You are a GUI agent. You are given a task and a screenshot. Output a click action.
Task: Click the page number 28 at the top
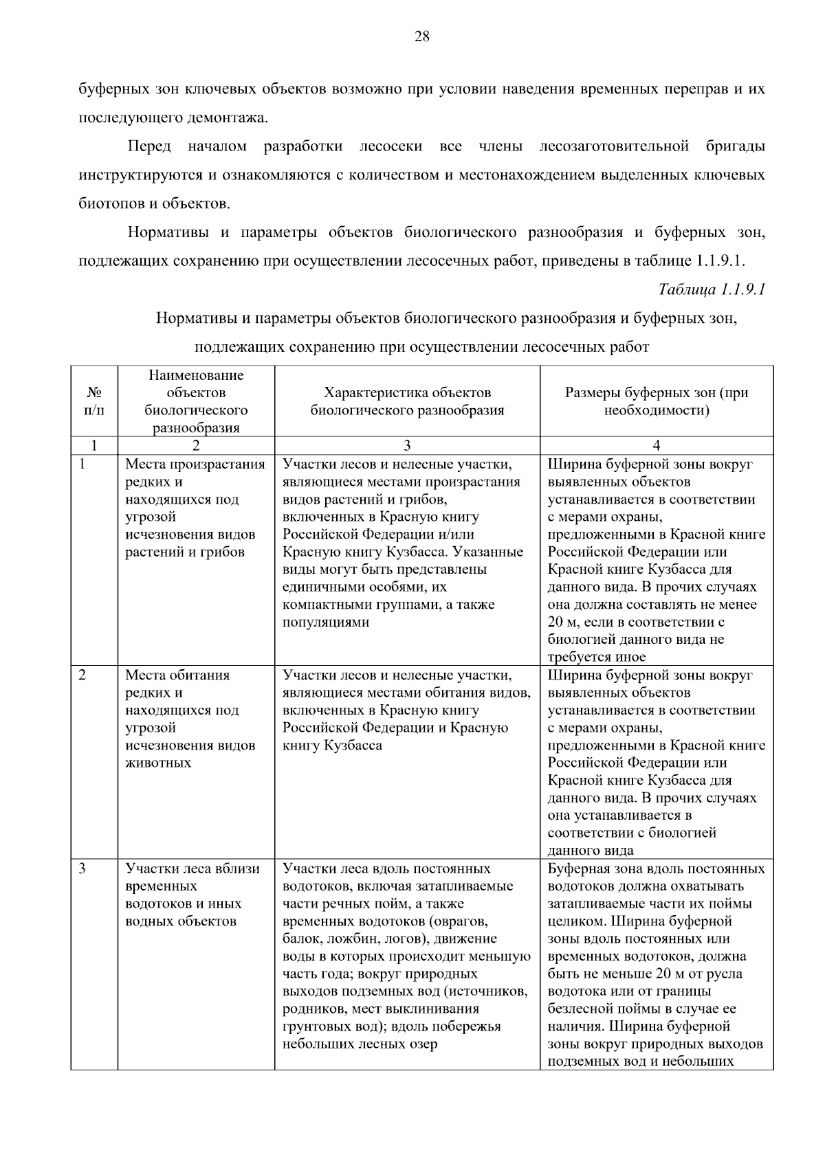[421, 37]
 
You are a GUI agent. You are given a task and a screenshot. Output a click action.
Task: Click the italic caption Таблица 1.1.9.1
[712, 289]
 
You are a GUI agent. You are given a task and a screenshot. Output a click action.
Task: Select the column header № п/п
[94, 402]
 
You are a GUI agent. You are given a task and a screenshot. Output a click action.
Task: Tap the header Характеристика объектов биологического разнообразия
[407, 402]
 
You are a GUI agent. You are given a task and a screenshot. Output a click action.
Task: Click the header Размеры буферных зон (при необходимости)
[656, 402]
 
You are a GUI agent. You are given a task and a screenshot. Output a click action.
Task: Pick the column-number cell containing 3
[407, 445]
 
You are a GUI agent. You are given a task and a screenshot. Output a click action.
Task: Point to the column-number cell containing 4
[656, 445]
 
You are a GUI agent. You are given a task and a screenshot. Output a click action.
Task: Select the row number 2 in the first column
[82, 675]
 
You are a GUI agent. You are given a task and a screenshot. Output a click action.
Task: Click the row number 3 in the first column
[82, 869]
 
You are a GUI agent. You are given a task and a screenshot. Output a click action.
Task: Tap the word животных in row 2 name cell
[158, 763]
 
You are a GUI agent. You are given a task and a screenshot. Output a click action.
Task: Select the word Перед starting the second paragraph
[149, 146]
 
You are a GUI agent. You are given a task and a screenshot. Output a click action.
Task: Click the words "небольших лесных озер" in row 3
[360, 1044]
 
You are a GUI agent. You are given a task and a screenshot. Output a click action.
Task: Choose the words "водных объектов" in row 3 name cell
[180, 921]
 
